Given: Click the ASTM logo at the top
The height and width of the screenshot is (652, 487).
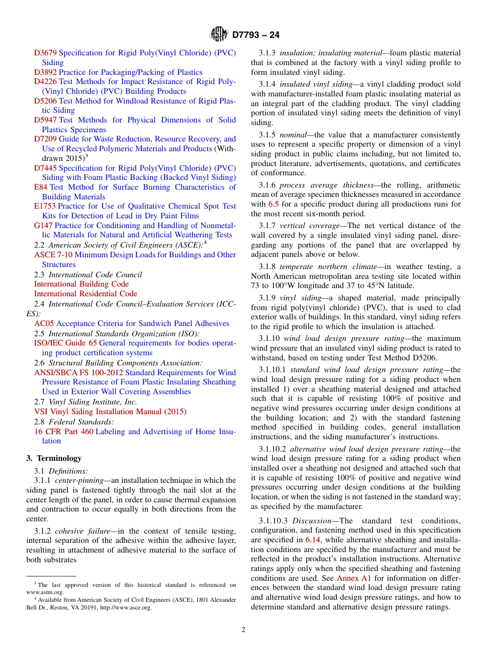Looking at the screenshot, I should [x=219, y=35].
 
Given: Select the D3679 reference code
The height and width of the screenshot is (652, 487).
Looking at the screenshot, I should [x=45, y=53].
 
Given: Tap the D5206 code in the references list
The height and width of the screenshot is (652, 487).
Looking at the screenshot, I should [x=45, y=101].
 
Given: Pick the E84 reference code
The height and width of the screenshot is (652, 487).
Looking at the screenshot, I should [x=40, y=187].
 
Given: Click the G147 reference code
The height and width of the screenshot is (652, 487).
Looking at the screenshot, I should [x=43, y=226].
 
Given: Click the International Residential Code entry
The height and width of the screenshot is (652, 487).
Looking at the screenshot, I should [x=85, y=294].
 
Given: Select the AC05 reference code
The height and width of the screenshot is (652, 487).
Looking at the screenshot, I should [x=44, y=323].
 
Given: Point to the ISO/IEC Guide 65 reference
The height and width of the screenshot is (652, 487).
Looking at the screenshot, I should [x=65, y=343].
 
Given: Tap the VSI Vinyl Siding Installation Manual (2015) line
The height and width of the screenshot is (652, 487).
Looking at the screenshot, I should [x=110, y=412].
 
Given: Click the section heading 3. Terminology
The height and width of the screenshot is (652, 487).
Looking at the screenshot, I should [x=54, y=458].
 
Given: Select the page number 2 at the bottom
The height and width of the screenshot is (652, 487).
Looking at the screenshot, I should [x=243, y=630].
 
